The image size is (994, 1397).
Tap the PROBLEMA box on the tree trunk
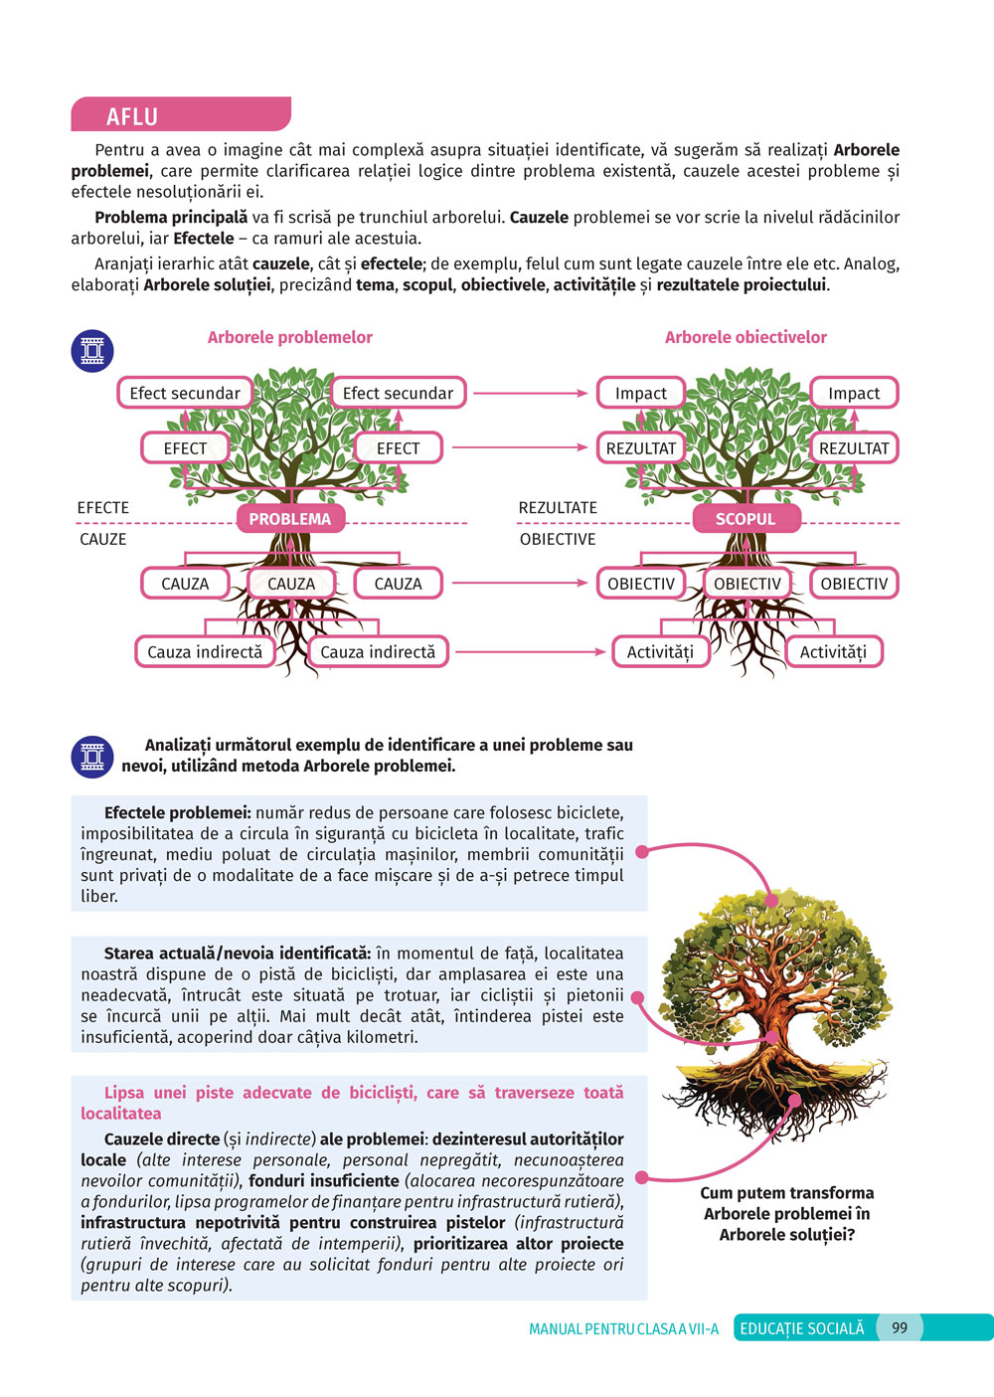click(289, 519)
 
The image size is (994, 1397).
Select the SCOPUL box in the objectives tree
click(745, 519)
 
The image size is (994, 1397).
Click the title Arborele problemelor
click(289, 337)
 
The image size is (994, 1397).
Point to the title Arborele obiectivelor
click(745, 337)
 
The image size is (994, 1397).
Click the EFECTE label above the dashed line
click(103, 508)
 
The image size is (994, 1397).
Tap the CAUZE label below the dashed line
click(103, 539)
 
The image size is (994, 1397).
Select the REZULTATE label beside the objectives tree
click(558, 508)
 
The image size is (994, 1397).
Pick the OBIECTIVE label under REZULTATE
click(558, 539)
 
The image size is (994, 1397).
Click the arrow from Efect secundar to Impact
click(531, 393)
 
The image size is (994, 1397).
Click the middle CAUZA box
click(291, 584)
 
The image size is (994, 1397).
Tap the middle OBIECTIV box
click(747, 584)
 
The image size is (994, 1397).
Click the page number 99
click(900, 1327)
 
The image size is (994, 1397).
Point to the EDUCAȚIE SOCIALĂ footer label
click(802, 1328)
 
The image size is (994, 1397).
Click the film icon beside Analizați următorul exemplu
click(92, 757)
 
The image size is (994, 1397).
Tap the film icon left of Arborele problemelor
click(92, 351)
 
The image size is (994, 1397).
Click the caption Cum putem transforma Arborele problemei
click(786, 1213)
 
